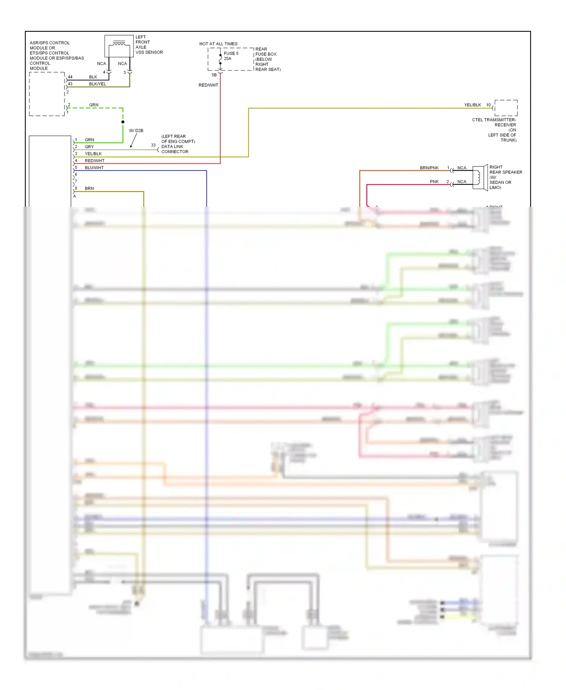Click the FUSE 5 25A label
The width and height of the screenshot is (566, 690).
point(231,56)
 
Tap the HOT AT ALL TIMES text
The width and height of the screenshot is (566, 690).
point(218,44)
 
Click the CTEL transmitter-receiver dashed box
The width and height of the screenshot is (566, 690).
point(506,108)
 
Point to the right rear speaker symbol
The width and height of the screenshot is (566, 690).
point(480,177)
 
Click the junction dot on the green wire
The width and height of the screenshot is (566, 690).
point(123,122)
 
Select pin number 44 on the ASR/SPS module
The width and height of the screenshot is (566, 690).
point(70,77)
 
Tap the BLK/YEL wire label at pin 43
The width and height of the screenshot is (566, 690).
point(97,84)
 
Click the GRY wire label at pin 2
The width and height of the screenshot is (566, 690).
point(89,147)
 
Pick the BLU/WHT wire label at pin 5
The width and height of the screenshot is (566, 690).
point(94,168)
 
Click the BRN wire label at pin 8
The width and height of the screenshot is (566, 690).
point(89,188)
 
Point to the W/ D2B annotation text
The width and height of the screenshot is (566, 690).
point(136,131)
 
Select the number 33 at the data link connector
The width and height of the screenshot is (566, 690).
point(153,145)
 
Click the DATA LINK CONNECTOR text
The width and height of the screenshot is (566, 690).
point(174,149)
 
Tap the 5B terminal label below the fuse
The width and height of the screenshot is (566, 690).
point(214,75)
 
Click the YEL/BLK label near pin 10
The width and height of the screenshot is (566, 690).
point(472,105)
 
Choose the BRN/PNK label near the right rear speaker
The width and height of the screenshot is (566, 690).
point(429,168)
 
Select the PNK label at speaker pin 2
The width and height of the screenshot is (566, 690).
point(434,182)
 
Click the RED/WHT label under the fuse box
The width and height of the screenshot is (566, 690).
point(208,85)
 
